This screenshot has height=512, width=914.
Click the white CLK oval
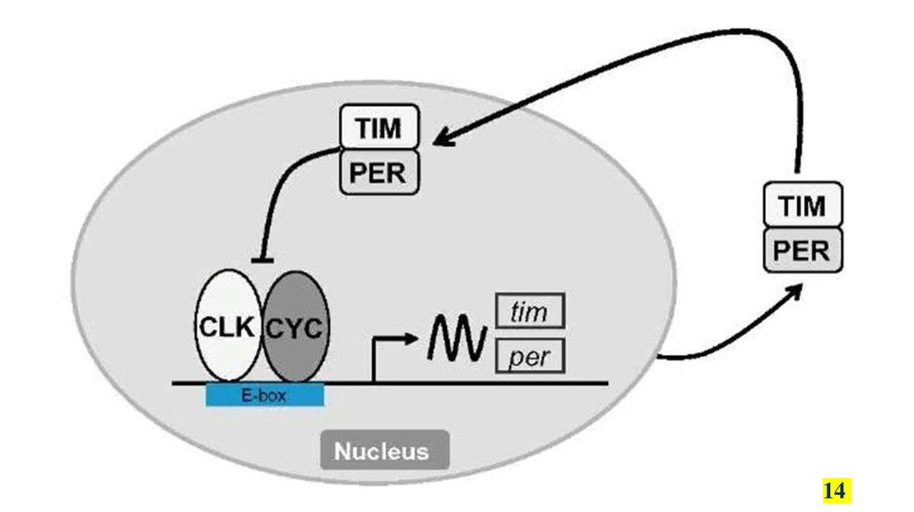pos(228,327)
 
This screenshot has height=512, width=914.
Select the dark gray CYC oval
pos(295,327)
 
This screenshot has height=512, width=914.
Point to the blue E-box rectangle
pos(265,394)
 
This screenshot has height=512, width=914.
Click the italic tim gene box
pos(530,312)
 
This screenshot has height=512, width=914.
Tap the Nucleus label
pos(381,450)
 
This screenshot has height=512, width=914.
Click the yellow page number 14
pos(835,491)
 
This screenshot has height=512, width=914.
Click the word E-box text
pos(264,394)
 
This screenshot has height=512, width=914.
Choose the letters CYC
pos(295,327)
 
